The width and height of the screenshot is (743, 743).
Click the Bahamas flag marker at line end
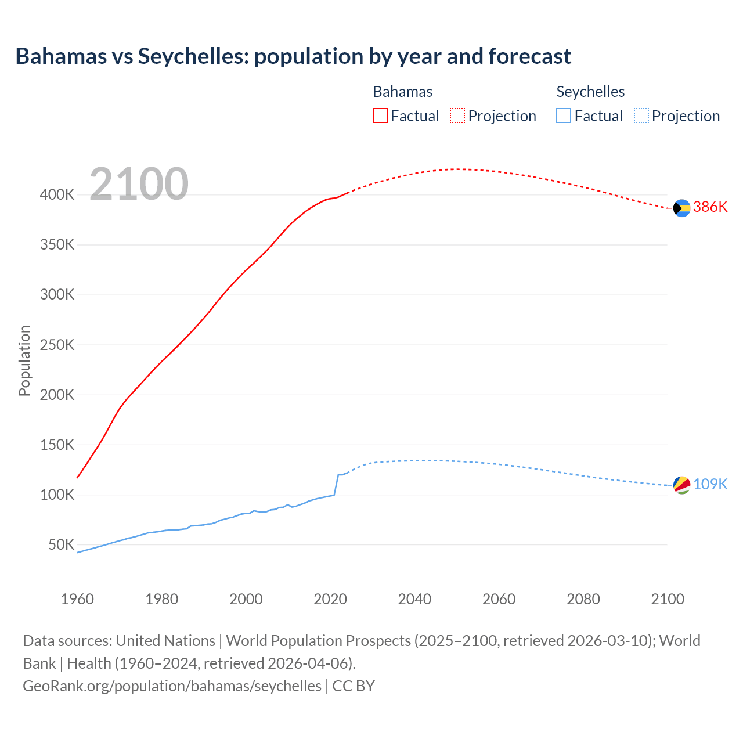(681, 208)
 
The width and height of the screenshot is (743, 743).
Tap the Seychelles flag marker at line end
(681, 485)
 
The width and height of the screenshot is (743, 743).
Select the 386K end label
(710, 207)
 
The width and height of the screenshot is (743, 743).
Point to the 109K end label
(710, 484)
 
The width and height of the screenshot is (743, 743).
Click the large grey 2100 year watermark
(139, 184)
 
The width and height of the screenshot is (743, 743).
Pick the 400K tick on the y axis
(57, 195)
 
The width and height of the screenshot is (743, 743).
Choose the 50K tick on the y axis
(61, 545)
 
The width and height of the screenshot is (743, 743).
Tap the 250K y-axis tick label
(57, 345)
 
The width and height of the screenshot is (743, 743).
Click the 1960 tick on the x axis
(77, 599)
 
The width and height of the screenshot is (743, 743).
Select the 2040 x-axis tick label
(414, 599)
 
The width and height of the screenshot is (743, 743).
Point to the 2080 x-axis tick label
(583, 599)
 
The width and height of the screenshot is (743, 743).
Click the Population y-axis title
(24, 360)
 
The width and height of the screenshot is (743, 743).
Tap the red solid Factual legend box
(380, 116)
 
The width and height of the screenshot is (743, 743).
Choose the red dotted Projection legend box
(457, 116)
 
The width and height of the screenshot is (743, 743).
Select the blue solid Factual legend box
(564, 116)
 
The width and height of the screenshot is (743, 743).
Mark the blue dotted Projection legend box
(641, 116)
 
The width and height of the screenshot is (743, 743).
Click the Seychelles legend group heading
(590, 92)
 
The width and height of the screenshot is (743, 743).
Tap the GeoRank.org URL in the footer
(172, 686)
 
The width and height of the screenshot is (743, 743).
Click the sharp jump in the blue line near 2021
(336, 485)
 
